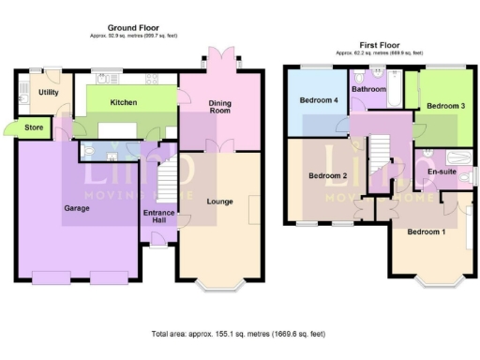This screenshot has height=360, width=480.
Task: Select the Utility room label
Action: [49, 92]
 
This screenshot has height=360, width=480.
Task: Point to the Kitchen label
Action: [124, 101]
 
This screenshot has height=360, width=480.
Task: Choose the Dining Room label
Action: [219, 107]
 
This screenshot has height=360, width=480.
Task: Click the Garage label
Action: [77, 207]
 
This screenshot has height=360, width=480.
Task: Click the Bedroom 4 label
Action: [318, 99]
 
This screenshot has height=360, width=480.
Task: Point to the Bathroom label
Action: [367, 89]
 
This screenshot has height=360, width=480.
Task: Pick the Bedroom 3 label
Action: [445, 107]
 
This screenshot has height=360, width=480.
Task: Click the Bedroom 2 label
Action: [329, 175]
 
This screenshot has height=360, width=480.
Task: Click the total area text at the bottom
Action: [239, 334]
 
